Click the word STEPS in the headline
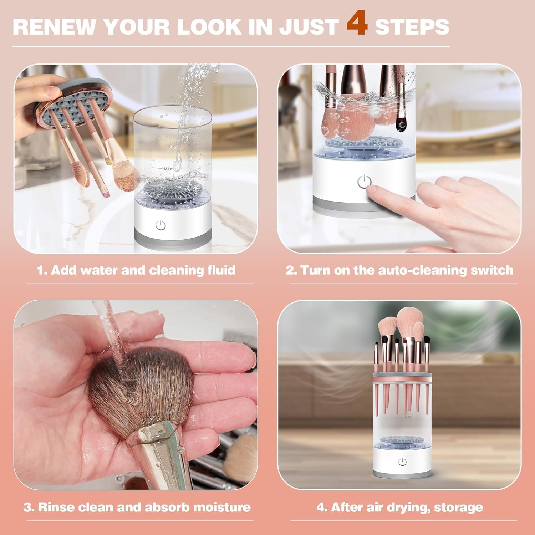coord(412,27)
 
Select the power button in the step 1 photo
coord(160,225)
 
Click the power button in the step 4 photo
coord(402,462)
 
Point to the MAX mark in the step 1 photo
coord(168,168)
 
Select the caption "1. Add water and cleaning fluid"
coord(136,270)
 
